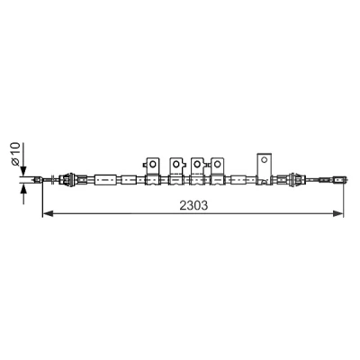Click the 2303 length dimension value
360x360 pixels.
[x=193, y=205]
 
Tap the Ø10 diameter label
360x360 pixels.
[x=15, y=154]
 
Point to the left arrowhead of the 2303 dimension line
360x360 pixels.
[x=48, y=213]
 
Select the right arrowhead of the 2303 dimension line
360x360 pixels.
[x=337, y=213]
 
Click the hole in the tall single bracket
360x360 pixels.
[x=264, y=159]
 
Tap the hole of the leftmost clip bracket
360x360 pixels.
[x=153, y=164]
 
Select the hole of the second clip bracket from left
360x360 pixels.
[x=175, y=164]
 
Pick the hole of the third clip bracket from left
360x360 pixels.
[x=197, y=164]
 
